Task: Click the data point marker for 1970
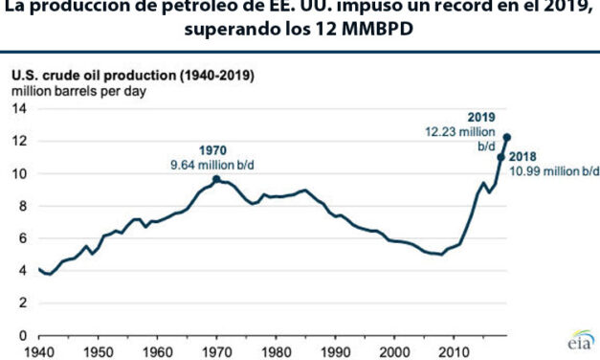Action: click(216, 179)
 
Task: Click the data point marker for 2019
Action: click(507, 137)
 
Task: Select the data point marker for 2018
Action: click(500, 157)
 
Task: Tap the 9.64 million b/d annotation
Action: click(216, 164)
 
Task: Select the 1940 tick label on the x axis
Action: click(40, 351)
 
